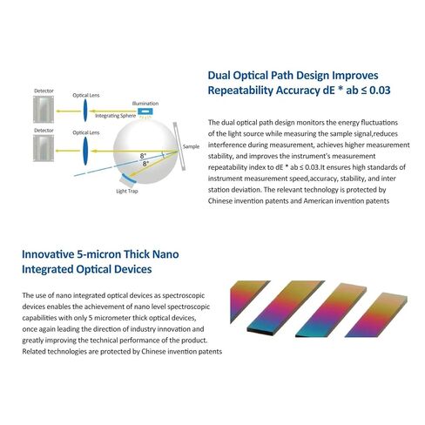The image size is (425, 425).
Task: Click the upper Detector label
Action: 44,91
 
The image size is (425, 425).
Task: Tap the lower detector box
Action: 44,148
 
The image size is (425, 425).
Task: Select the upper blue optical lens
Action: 85,111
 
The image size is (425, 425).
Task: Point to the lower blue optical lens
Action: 85,151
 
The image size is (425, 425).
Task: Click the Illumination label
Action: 145,104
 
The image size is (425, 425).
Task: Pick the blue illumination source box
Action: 145,111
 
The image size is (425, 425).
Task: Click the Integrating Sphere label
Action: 116,116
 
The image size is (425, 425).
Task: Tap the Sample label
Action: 191,146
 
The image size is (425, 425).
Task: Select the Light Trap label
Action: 127,191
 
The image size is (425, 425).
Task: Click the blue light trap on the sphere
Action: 128,179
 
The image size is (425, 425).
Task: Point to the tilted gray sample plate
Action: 179,146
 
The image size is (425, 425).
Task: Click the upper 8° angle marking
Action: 143,156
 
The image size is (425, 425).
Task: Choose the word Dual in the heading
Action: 219,76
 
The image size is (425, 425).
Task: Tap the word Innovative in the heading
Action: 48,254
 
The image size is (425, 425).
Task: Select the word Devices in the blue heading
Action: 133,269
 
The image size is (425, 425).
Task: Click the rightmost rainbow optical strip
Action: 376,315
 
